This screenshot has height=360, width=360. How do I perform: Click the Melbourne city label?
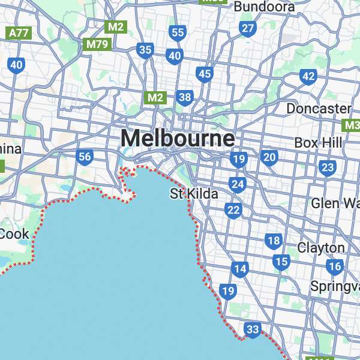point(178,139)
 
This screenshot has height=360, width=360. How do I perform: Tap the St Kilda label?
point(194,194)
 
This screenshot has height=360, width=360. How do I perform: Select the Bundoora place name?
point(265,7)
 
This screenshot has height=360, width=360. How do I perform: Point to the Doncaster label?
point(318,109)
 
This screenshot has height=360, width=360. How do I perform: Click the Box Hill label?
point(318,143)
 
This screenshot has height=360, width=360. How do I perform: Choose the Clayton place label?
point(321,248)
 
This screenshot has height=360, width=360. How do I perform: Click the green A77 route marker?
point(19,33)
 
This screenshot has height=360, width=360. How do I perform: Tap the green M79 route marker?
point(97,44)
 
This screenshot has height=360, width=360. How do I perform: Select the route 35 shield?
point(145,50)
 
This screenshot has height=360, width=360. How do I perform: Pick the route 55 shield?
point(178,32)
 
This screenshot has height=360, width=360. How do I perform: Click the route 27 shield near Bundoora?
point(247,28)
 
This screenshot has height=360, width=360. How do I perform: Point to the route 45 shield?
point(205,73)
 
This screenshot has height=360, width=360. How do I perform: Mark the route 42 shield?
point(308,76)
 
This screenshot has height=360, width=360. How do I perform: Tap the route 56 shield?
point(85,157)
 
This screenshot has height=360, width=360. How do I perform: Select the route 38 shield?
point(185,97)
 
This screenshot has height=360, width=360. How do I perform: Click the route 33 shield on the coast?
point(253,329)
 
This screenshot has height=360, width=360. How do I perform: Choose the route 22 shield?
point(233,209)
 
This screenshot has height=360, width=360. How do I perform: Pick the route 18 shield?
point(274,241)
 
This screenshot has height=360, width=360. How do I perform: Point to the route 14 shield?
point(240,268)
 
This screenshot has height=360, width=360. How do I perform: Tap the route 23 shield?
point(328,167)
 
